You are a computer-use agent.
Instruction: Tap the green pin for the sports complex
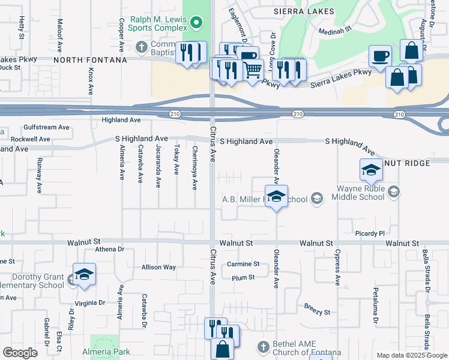click(x=196, y=23)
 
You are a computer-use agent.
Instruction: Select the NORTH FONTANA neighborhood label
click(x=90, y=60)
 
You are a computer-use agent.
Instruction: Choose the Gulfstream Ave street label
click(x=48, y=127)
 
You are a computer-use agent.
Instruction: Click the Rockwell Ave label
click(x=30, y=139)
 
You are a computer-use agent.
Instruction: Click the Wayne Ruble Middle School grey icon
click(x=394, y=191)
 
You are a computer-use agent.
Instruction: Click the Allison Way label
click(x=158, y=267)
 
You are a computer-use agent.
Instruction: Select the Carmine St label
click(x=243, y=264)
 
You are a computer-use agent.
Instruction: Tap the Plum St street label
click(x=243, y=277)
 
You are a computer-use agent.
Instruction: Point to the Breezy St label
click(x=317, y=312)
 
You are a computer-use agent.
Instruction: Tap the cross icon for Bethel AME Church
click(x=262, y=347)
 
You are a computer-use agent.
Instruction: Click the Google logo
click(x=20, y=352)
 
